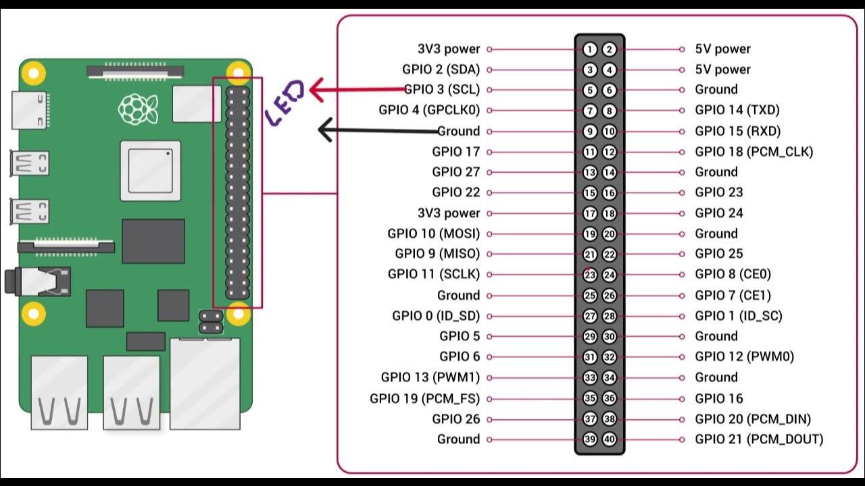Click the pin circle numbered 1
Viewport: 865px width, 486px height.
pyautogui.click(x=590, y=49)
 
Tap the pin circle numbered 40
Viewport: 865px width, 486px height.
pyautogui.click(x=610, y=439)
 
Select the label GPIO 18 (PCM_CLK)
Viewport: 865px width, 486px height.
pyautogui.click(x=753, y=152)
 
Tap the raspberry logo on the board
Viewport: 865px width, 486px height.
pyautogui.click(x=138, y=108)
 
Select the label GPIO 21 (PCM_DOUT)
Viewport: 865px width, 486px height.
pyautogui.click(x=759, y=439)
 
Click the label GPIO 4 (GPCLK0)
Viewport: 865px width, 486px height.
pyautogui.click(x=429, y=110)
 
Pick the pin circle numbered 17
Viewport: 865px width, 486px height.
pyautogui.click(x=590, y=213)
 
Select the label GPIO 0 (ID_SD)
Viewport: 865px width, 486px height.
pyautogui.click(x=436, y=316)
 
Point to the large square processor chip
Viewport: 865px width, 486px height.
pyautogui.click(x=151, y=171)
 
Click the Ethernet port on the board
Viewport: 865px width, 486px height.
pyautogui.click(x=205, y=383)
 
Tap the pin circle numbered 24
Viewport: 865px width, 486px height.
pyautogui.click(x=610, y=275)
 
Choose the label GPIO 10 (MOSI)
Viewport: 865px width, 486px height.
pyautogui.click(x=433, y=234)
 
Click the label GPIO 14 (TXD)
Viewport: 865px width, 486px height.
pyautogui.click(x=737, y=110)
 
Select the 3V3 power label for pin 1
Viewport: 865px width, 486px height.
pyautogui.click(x=449, y=49)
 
